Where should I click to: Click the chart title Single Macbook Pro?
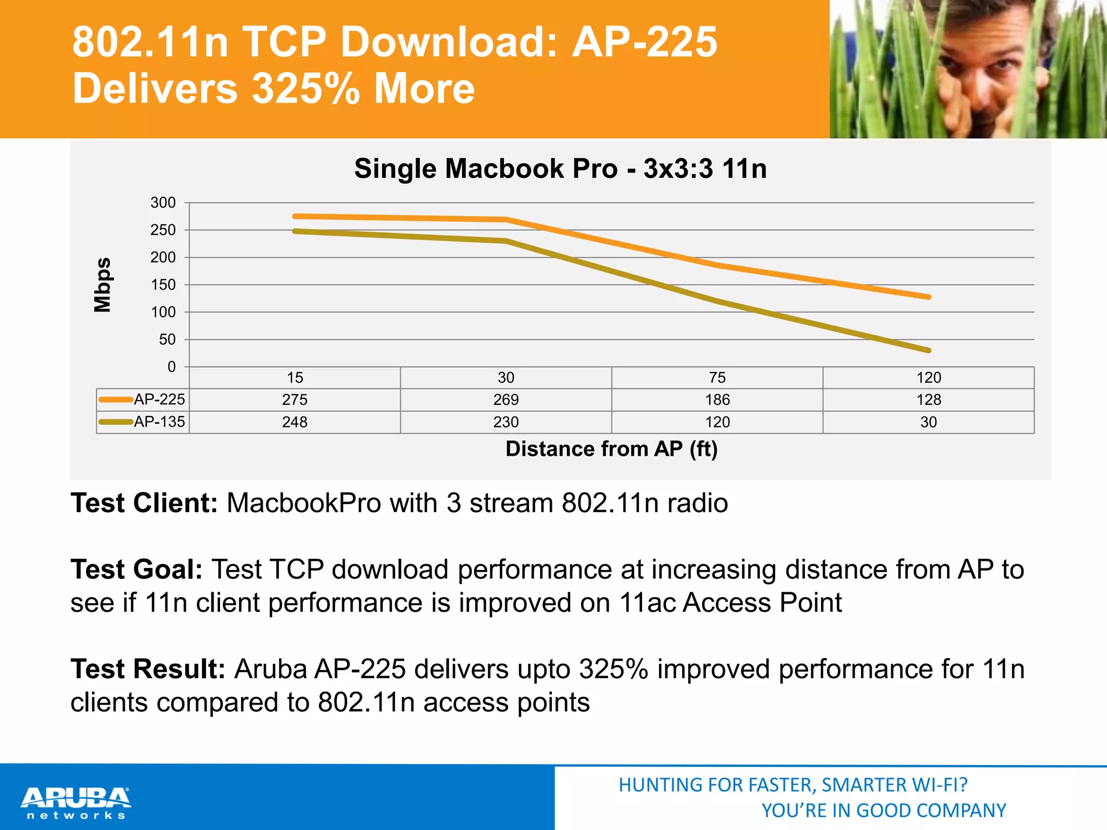pos(560,169)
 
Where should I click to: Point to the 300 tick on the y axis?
pos(163,203)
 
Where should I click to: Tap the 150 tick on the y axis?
pos(163,285)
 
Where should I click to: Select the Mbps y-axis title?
pos(103,285)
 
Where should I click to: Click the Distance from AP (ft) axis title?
pos(611,449)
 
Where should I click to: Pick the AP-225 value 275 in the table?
pos(295,400)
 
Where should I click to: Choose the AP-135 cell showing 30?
pos(929,422)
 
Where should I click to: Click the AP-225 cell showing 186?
pos(717,400)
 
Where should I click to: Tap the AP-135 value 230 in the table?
pos(506,422)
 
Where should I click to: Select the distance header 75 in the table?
pos(717,378)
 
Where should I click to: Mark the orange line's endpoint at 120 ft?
pos(929,297)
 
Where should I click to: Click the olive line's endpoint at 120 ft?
pos(929,350)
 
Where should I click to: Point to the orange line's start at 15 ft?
pos(295,216)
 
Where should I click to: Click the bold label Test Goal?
pos(137,570)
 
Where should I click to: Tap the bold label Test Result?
pos(148,669)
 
